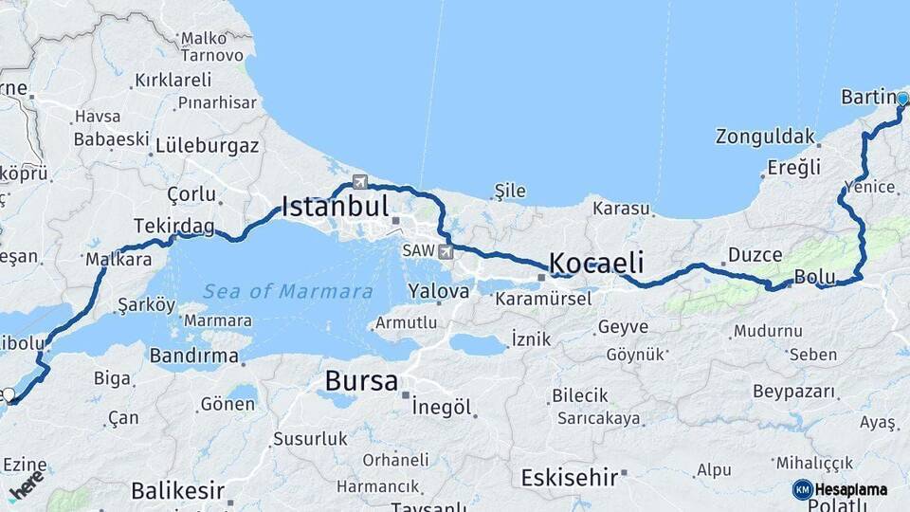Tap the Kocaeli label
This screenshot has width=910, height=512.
pos(597,263)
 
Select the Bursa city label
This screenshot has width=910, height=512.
pos(361,381)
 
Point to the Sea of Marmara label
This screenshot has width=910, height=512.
pos(288,291)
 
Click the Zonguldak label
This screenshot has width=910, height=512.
pos(765,136)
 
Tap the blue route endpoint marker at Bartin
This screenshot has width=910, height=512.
pos(902,99)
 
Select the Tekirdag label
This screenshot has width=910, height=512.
pos(173,226)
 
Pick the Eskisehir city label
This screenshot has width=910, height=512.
pos(570,476)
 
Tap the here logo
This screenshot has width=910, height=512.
pos(26,485)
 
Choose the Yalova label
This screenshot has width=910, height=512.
pos(439,291)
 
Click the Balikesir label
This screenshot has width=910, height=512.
pos(177,491)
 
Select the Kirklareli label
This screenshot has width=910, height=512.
pos(173,80)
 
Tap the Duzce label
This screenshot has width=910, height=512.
pos(755,254)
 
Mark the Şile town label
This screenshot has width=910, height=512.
pos(510,192)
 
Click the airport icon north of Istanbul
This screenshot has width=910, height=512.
pos(359,181)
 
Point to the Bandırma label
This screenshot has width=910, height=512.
pos(194,357)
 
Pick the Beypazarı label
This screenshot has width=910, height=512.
pos(794,391)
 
